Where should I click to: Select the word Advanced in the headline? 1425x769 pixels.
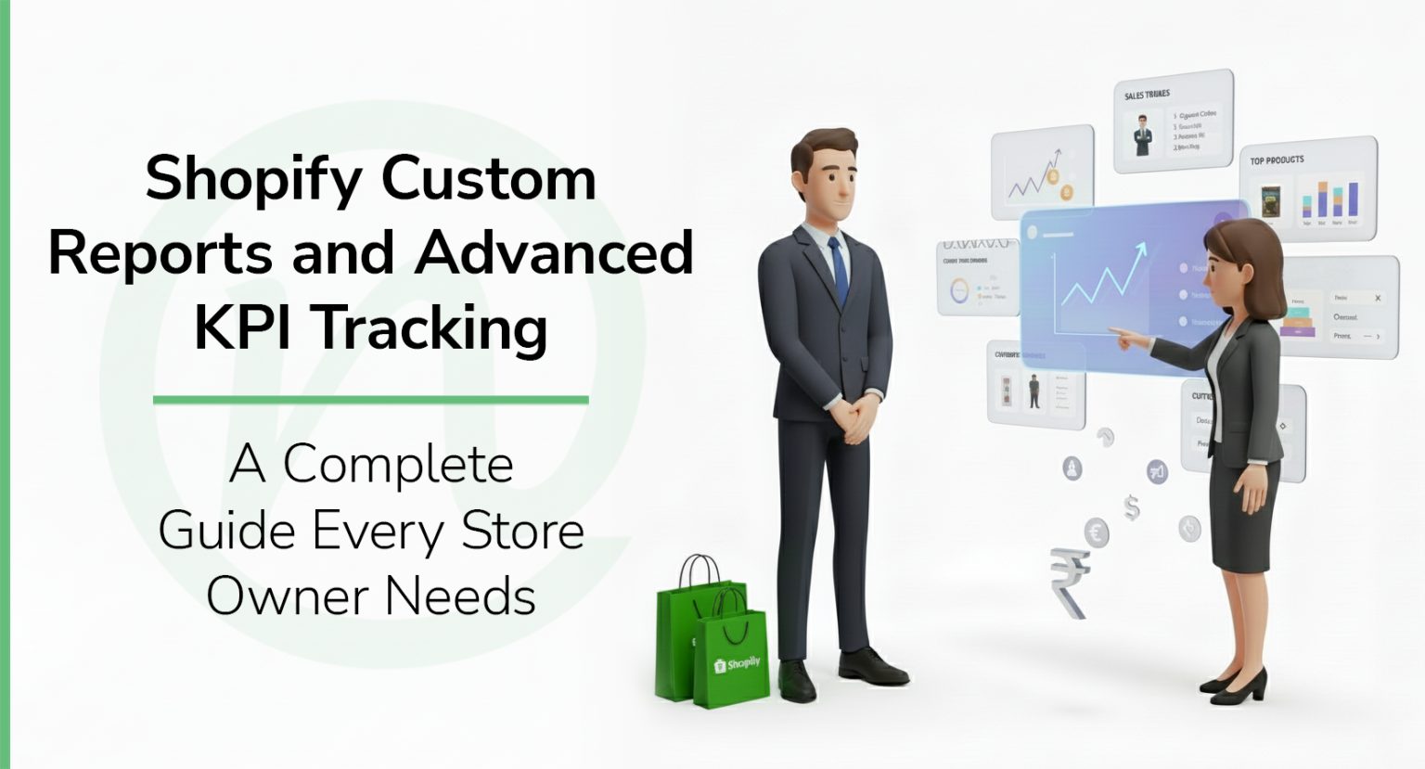(555, 252)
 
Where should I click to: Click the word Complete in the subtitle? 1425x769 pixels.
(398, 465)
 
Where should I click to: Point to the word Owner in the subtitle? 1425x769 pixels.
(287, 596)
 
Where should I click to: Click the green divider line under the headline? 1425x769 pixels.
(370, 400)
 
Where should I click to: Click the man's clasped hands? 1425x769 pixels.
(854, 416)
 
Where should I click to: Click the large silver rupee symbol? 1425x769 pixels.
(1070, 580)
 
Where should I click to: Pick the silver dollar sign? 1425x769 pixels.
(1131, 506)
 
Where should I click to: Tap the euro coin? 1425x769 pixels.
(1097, 532)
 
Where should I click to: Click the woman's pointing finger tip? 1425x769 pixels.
(1114, 331)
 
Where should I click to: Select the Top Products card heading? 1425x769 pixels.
(1277, 160)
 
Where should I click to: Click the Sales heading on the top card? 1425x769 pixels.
(1147, 95)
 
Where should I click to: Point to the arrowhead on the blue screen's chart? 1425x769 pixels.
(1141, 249)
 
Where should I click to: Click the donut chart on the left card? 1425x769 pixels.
(958, 289)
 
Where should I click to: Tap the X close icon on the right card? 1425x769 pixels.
(1378, 298)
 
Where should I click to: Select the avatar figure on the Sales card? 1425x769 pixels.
(1143, 135)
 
